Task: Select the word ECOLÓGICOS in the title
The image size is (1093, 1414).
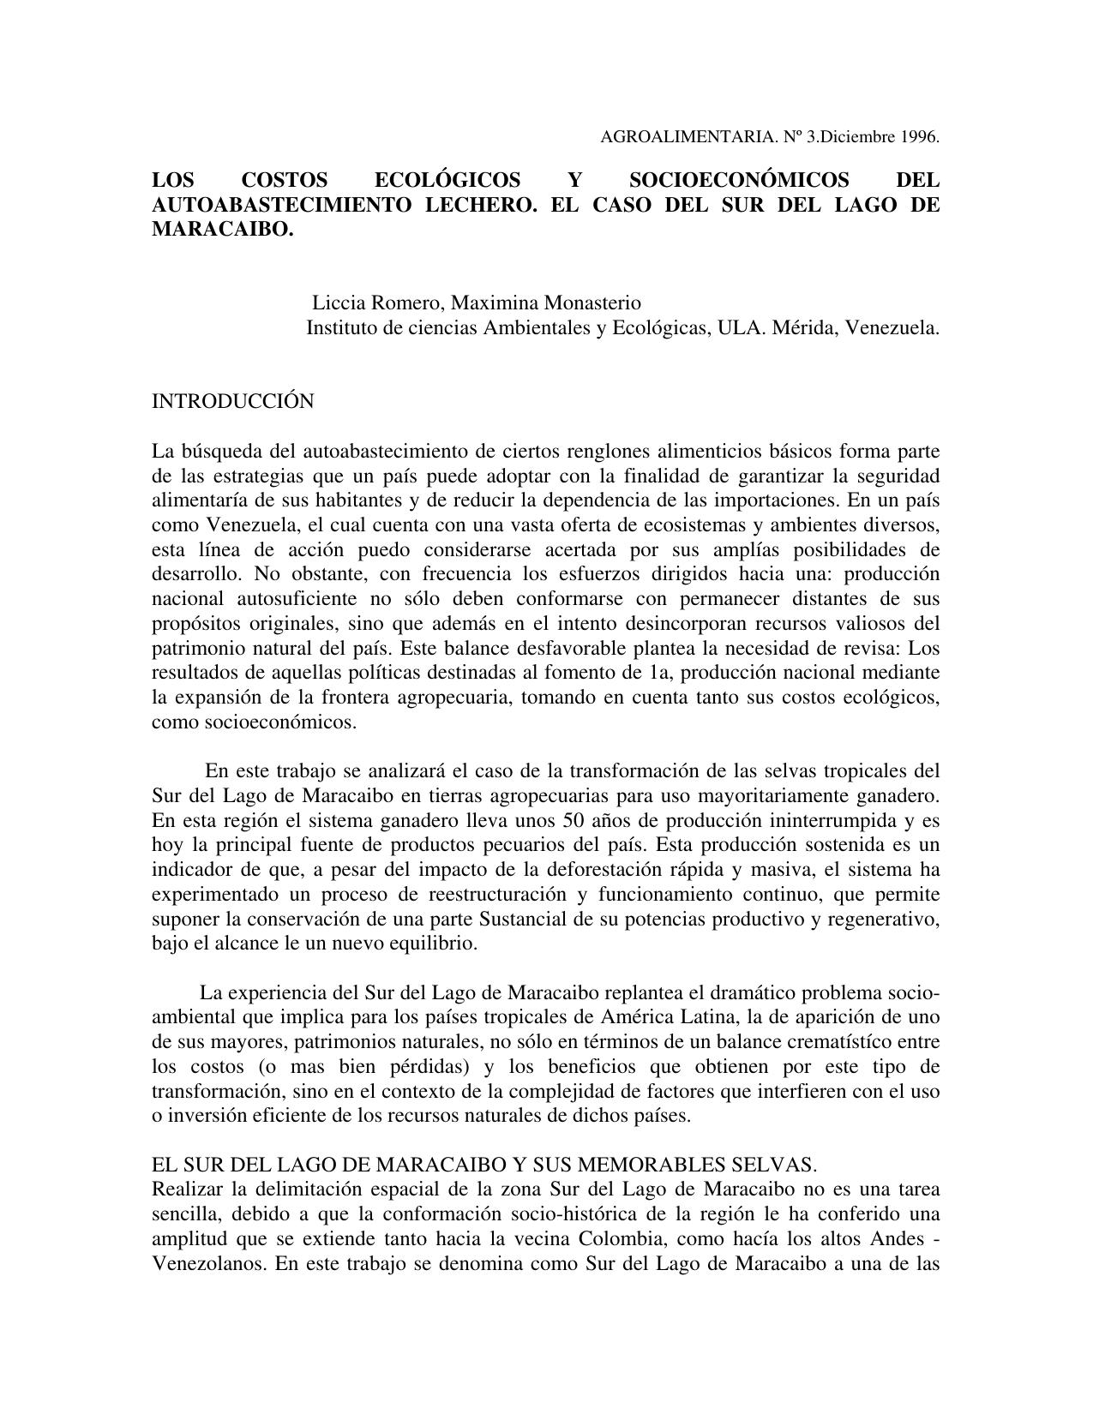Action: point(447,180)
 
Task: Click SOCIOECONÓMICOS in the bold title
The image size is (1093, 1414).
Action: point(739,180)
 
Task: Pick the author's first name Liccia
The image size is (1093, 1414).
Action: point(338,303)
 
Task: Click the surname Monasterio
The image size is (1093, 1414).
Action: point(592,303)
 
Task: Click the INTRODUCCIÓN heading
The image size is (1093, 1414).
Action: point(232,401)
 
